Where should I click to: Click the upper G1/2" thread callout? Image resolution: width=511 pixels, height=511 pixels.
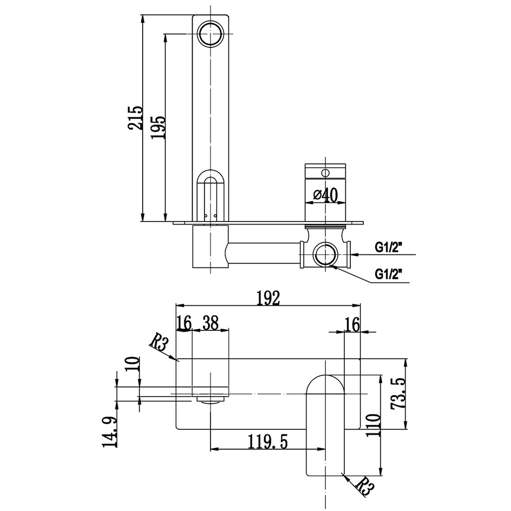(389, 247)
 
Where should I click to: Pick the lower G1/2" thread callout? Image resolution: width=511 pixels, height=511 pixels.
(389, 273)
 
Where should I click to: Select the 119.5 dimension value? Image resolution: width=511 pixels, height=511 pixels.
(268, 441)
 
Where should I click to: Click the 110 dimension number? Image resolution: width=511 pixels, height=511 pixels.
(373, 425)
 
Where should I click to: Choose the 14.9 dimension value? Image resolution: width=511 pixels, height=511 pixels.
(111, 432)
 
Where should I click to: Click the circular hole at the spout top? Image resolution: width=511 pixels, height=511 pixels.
(210, 33)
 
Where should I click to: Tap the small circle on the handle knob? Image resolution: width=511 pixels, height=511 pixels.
(325, 173)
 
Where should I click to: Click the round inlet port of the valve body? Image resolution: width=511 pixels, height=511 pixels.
(325, 255)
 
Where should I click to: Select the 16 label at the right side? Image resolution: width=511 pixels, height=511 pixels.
(352, 324)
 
